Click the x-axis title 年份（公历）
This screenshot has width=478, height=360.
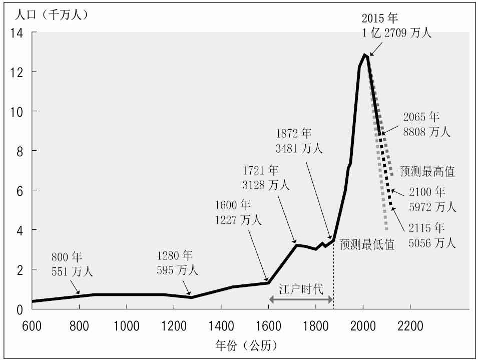click(239, 345)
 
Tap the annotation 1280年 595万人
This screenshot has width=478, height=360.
click(177, 263)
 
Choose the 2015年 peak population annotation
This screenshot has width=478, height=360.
click(396, 26)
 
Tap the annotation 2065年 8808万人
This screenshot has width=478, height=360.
click(426, 125)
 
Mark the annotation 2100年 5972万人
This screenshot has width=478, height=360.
click(432, 199)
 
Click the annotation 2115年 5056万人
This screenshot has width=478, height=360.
click(432, 236)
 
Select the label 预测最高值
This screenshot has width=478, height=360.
click(427, 172)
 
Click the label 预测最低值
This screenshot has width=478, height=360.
click(367, 245)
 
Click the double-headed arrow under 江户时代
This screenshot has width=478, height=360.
click(301, 299)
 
